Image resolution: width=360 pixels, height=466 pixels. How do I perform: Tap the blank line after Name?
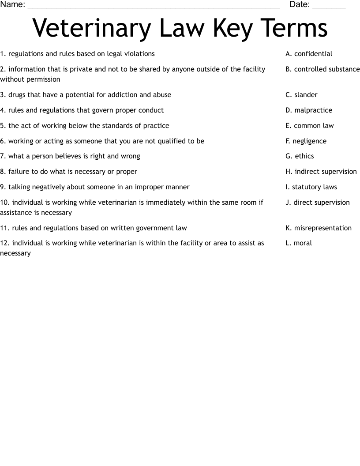coord(153,6)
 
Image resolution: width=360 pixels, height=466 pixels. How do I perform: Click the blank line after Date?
coord(329,6)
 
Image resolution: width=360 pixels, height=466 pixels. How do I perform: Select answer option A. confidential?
coord(309,54)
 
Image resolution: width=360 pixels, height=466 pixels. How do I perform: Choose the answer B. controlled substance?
coord(322,69)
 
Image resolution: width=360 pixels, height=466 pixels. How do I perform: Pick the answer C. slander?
coord(301,95)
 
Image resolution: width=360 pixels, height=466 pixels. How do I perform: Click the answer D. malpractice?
coord(309,110)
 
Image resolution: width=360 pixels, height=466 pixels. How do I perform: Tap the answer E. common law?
coord(310,126)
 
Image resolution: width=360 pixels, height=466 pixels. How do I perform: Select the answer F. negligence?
coord(306,141)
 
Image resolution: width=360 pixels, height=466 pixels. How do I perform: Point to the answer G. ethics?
coord(300,156)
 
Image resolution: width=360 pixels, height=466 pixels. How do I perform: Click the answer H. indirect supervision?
coord(321,172)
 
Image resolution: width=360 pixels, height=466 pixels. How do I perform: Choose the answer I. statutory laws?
coord(311,187)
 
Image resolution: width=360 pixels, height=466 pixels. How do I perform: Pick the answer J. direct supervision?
coord(318,203)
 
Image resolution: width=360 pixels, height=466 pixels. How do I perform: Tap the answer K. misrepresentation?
coord(319,228)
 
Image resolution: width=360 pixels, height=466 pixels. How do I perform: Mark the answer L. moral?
coord(299,243)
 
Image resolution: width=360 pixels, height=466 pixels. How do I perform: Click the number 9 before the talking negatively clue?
coord(2,187)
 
